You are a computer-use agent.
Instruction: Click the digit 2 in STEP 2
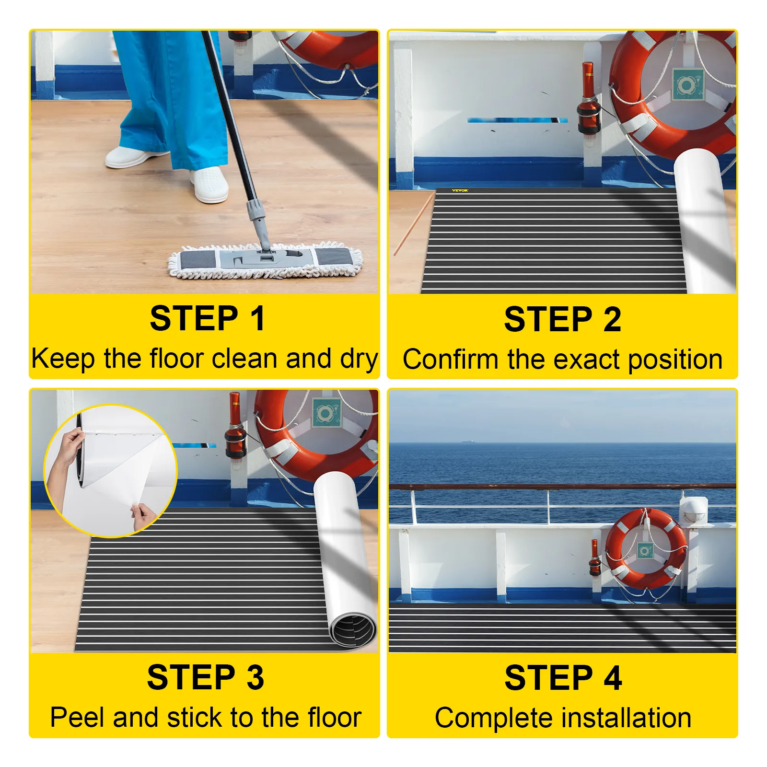pyautogui.click(x=612, y=319)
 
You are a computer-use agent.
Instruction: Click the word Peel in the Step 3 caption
pyautogui.click(x=79, y=717)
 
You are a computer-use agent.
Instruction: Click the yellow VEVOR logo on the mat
pyautogui.click(x=460, y=190)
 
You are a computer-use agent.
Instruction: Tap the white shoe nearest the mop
pyautogui.click(x=209, y=185)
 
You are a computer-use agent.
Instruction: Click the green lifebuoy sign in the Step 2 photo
pyautogui.click(x=687, y=85)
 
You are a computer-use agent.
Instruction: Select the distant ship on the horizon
pyautogui.click(x=467, y=442)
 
